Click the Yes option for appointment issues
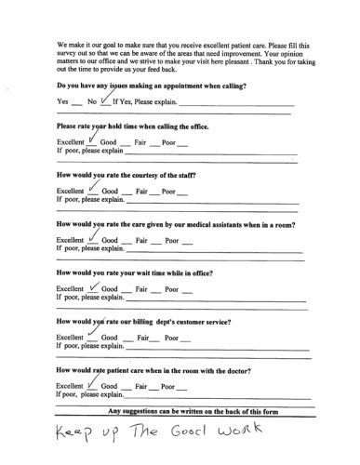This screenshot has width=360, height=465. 63,100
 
